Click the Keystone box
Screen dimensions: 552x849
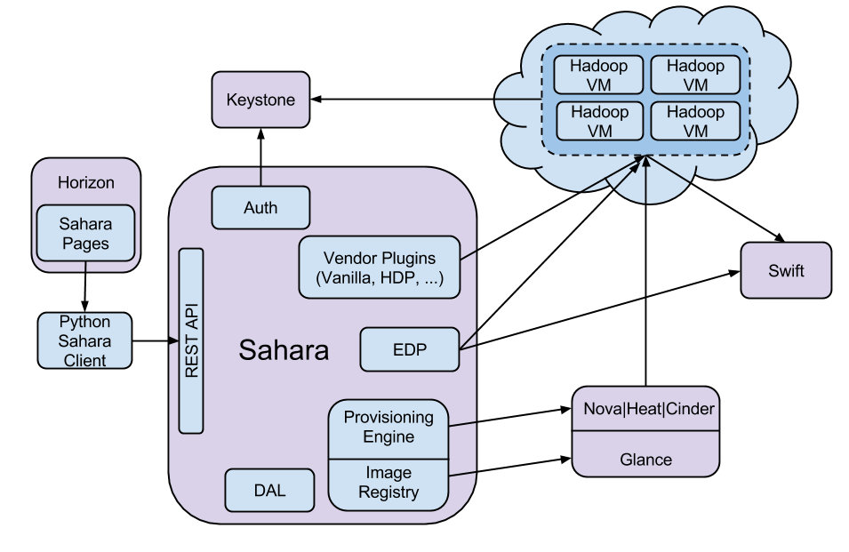coord(260,100)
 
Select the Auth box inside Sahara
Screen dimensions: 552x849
coord(260,208)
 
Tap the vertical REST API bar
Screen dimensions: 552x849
coord(191,340)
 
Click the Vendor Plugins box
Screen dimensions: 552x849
coord(380,267)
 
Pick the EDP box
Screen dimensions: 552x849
coord(410,349)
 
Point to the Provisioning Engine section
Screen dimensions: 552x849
coord(388,427)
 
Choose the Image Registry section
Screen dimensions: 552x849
coord(388,483)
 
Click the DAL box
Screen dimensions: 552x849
coord(269,491)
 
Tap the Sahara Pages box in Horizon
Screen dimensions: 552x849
coord(85,233)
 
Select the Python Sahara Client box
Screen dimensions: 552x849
coord(84,340)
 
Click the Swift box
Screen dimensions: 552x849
coord(786,270)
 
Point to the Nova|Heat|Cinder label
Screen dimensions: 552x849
coord(645,410)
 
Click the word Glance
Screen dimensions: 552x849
coord(645,459)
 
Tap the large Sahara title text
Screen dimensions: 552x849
coord(284,350)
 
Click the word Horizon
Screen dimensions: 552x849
coord(86,182)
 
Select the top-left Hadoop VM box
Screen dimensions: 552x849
coord(598,76)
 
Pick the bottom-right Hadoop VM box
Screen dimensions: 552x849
coord(695,121)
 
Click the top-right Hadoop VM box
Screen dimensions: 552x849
coord(695,76)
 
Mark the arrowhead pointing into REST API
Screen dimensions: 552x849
coord(174,340)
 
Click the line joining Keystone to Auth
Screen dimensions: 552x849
coord(260,176)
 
